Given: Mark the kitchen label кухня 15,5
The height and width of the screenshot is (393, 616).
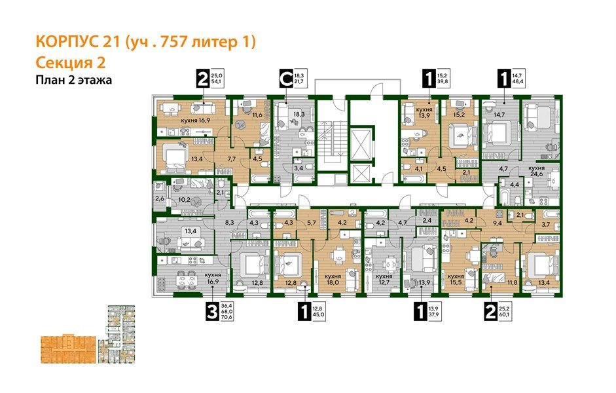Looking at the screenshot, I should coord(460,278).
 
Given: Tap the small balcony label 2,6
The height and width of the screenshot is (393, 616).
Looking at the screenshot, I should coord(160,200).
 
